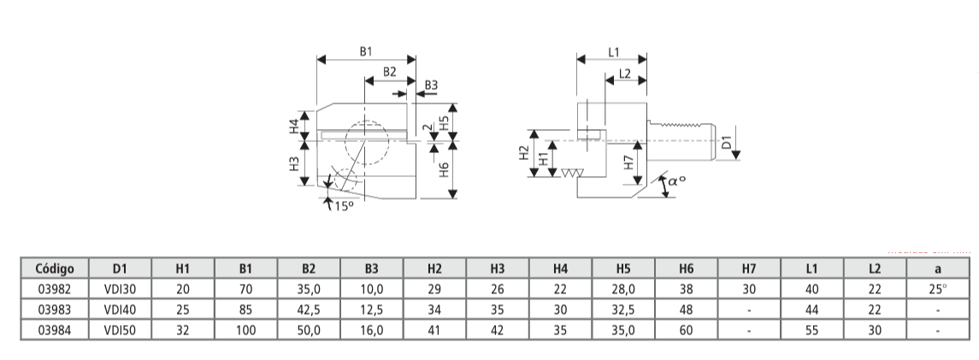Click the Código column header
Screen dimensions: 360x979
click(54, 268)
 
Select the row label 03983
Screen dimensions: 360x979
click(54, 310)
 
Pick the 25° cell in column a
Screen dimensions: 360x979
click(938, 289)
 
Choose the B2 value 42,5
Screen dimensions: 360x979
click(309, 310)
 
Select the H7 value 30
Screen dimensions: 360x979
click(750, 289)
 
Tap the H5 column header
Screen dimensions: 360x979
click(623, 268)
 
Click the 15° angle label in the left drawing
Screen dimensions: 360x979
click(342, 206)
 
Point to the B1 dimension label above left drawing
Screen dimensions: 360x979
click(365, 52)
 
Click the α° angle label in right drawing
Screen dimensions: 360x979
click(677, 181)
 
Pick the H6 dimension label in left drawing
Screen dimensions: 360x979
click(443, 168)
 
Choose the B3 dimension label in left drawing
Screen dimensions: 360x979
click(431, 85)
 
